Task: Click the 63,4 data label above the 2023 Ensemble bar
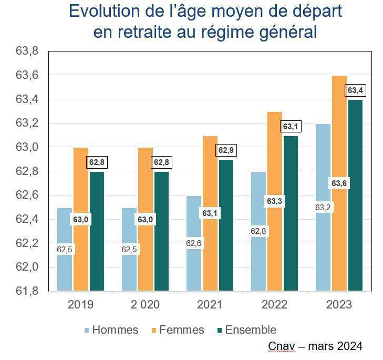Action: [x=356, y=90]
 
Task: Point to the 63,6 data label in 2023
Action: [x=339, y=183]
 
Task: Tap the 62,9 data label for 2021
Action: [x=226, y=150]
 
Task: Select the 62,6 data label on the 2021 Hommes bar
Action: [x=194, y=243]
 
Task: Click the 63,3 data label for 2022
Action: [x=275, y=201]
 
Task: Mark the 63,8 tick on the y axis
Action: [x=27, y=52]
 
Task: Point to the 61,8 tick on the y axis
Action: [x=27, y=291]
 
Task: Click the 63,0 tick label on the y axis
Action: [x=27, y=147]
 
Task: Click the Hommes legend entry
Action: [x=115, y=330]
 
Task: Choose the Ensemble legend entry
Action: [x=250, y=330]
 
